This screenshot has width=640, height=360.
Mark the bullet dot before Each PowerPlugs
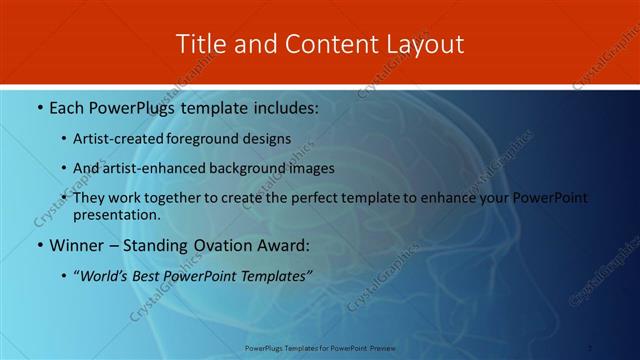(39, 107)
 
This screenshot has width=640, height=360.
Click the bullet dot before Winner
(39, 245)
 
